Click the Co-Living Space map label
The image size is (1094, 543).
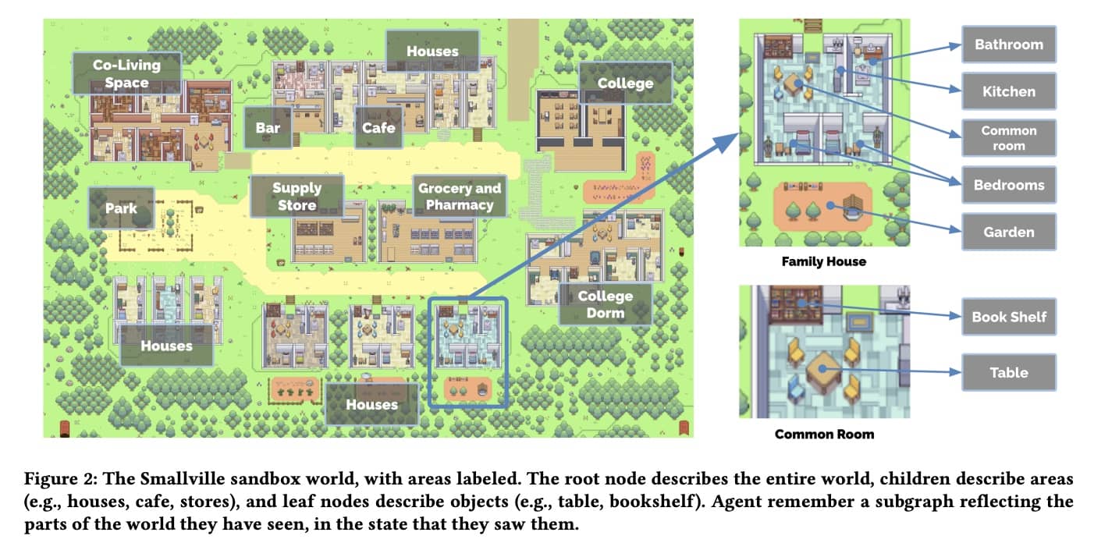coord(126,73)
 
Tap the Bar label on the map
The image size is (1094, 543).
coord(268,127)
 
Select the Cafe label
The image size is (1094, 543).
coord(378,127)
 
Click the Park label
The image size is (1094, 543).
coord(121,208)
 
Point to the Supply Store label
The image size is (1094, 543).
coord(297,197)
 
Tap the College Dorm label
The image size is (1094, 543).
coord(605,304)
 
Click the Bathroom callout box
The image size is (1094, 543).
coord(1008,44)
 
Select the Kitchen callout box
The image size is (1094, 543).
coord(1008,91)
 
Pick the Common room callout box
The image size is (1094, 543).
coord(1008,138)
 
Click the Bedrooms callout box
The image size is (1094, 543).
coord(1008,185)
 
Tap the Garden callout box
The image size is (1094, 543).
coord(1008,232)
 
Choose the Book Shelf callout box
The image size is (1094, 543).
coord(1008,317)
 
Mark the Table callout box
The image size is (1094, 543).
coord(1008,372)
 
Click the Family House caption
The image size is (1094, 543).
coord(823,261)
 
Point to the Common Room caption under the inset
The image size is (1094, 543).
coord(824,434)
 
